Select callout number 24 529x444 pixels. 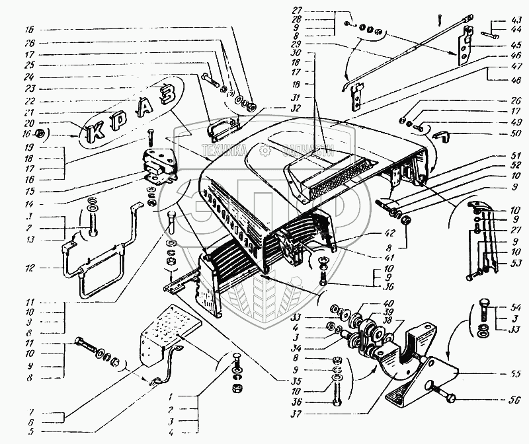click(30, 77)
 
